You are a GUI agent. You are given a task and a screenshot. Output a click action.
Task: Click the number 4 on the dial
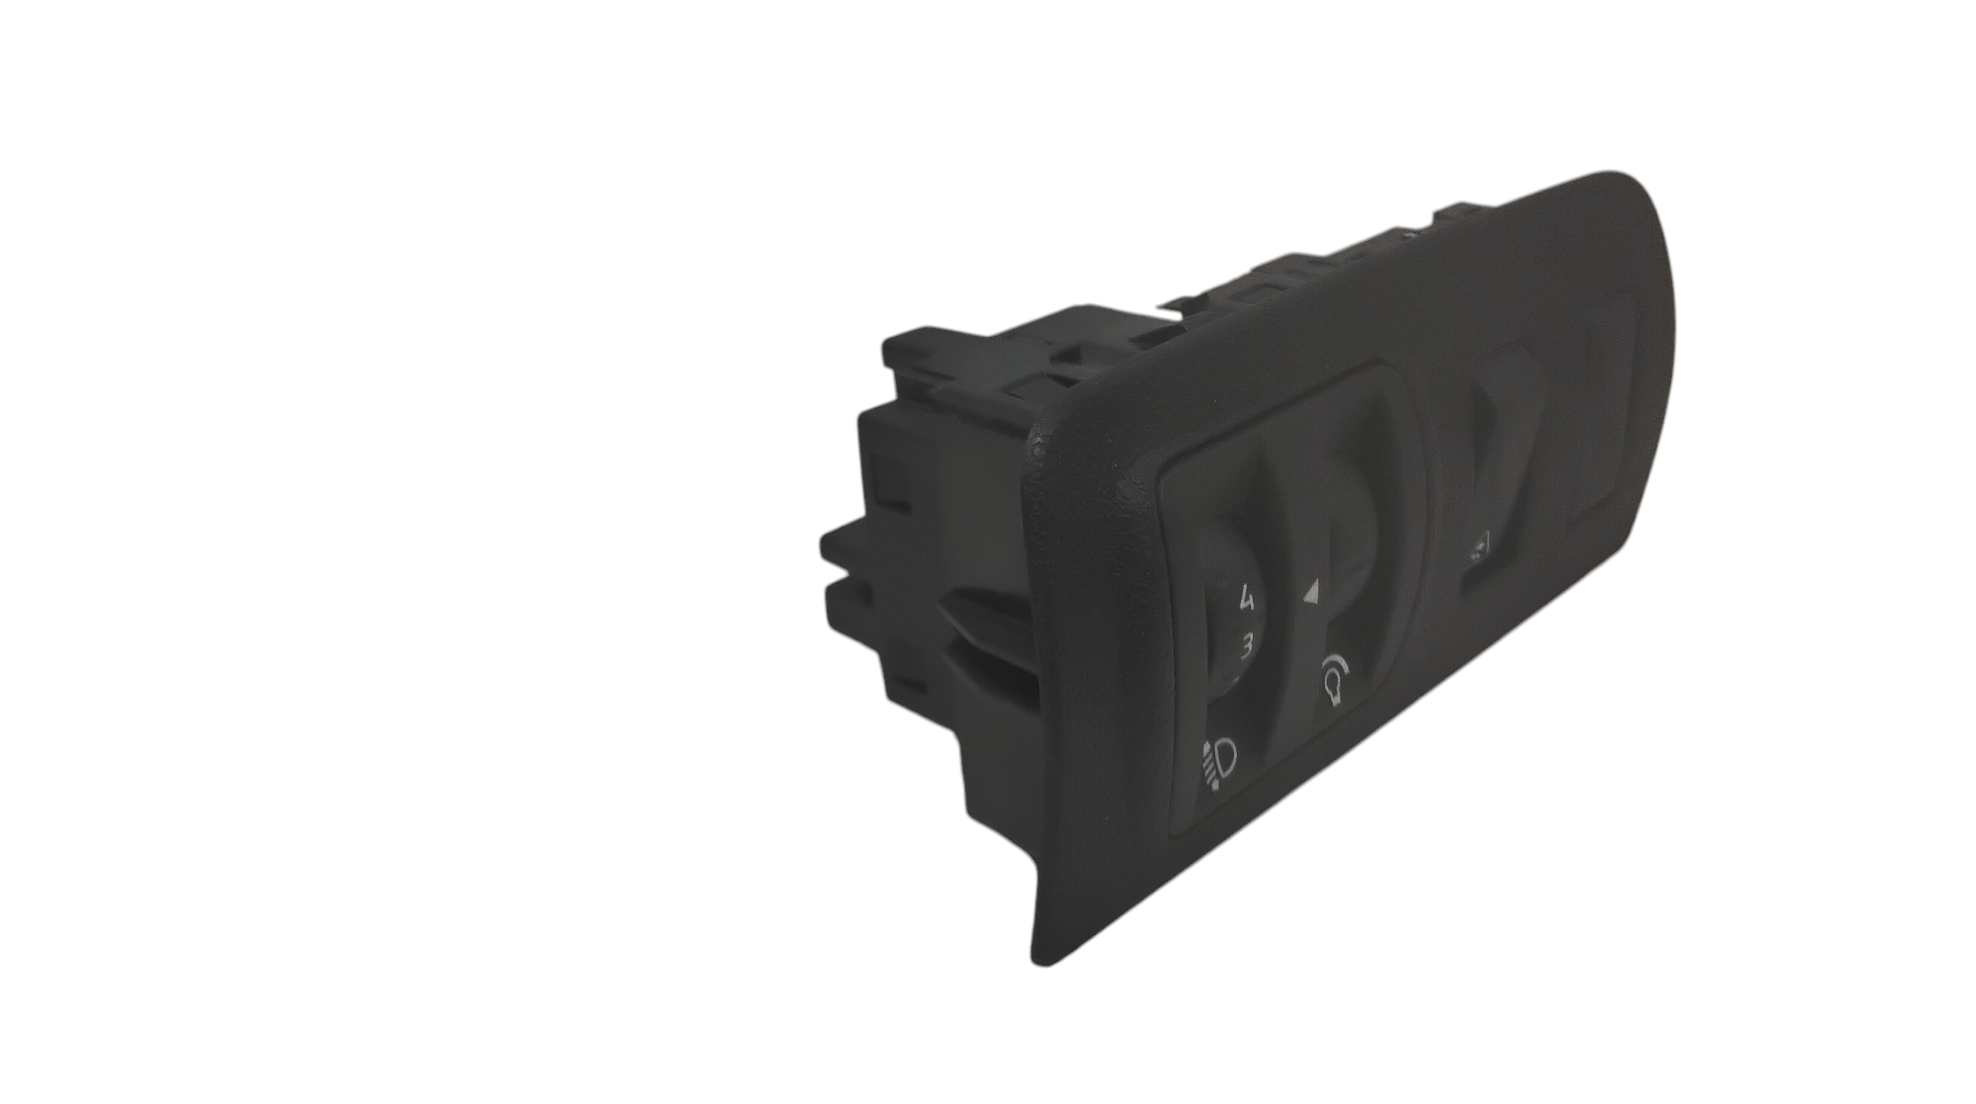tap(1247, 598)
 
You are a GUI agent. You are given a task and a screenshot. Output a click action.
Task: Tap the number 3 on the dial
tap(1247, 647)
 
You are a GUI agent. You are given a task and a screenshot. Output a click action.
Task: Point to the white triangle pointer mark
tap(1311, 592)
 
